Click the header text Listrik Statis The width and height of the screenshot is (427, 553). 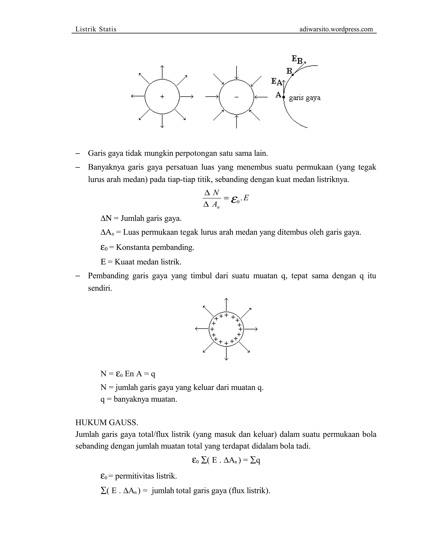(x=96, y=29)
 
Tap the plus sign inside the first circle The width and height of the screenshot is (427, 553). (x=162, y=96)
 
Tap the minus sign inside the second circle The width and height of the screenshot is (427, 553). (x=236, y=97)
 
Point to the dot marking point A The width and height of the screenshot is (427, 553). (x=284, y=97)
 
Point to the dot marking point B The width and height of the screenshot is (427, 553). (x=293, y=74)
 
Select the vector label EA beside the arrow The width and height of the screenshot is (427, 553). (x=276, y=82)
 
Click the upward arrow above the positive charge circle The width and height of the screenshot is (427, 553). (x=162, y=72)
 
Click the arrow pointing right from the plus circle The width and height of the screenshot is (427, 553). (x=187, y=96)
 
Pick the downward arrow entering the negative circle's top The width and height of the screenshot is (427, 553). (x=236, y=73)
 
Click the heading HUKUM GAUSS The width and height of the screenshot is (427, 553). (x=107, y=423)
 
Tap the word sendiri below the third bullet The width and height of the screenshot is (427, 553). (x=100, y=288)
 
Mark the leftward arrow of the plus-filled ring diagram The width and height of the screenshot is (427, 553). (x=202, y=329)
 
